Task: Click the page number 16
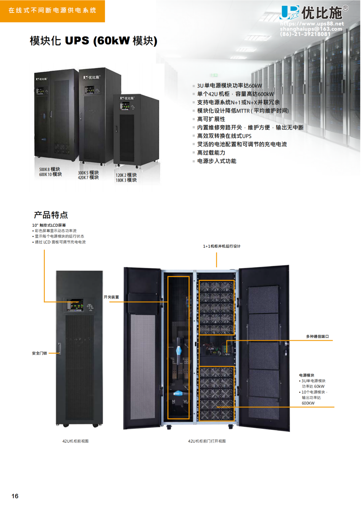pyautogui.click(x=15, y=496)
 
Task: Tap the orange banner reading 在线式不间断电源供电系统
pyautogui.click(x=52, y=11)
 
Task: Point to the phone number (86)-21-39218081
pyautogui.click(x=305, y=34)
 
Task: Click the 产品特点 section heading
pyautogui.click(x=51, y=215)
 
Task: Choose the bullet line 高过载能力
pyautogui.click(x=211, y=153)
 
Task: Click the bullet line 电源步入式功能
pyautogui.click(x=216, y=161)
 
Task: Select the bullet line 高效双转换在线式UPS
pyautogui.click(x=224, y=136)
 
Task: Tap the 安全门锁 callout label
pyautogui.click(x=39, y=353)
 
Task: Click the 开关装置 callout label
pyautogui.click(x=111, y=297)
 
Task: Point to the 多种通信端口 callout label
pyautogui.click(x=317, y=336)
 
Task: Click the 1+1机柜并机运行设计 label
pyautogui.click(x=222, y=246)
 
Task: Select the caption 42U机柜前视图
pyautogui.click(x=75, y=441)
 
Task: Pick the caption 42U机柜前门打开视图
pyautogui.click(x=207, y=441)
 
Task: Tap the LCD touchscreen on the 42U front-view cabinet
pyautogui.click(x=75, y=305)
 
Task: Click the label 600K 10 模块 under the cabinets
pyautogui.click(x=50, y=174)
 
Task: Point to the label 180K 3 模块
pyautogui.click(x=126, y=180)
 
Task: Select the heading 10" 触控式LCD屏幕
pyautogui.click(x=49, y=225)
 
